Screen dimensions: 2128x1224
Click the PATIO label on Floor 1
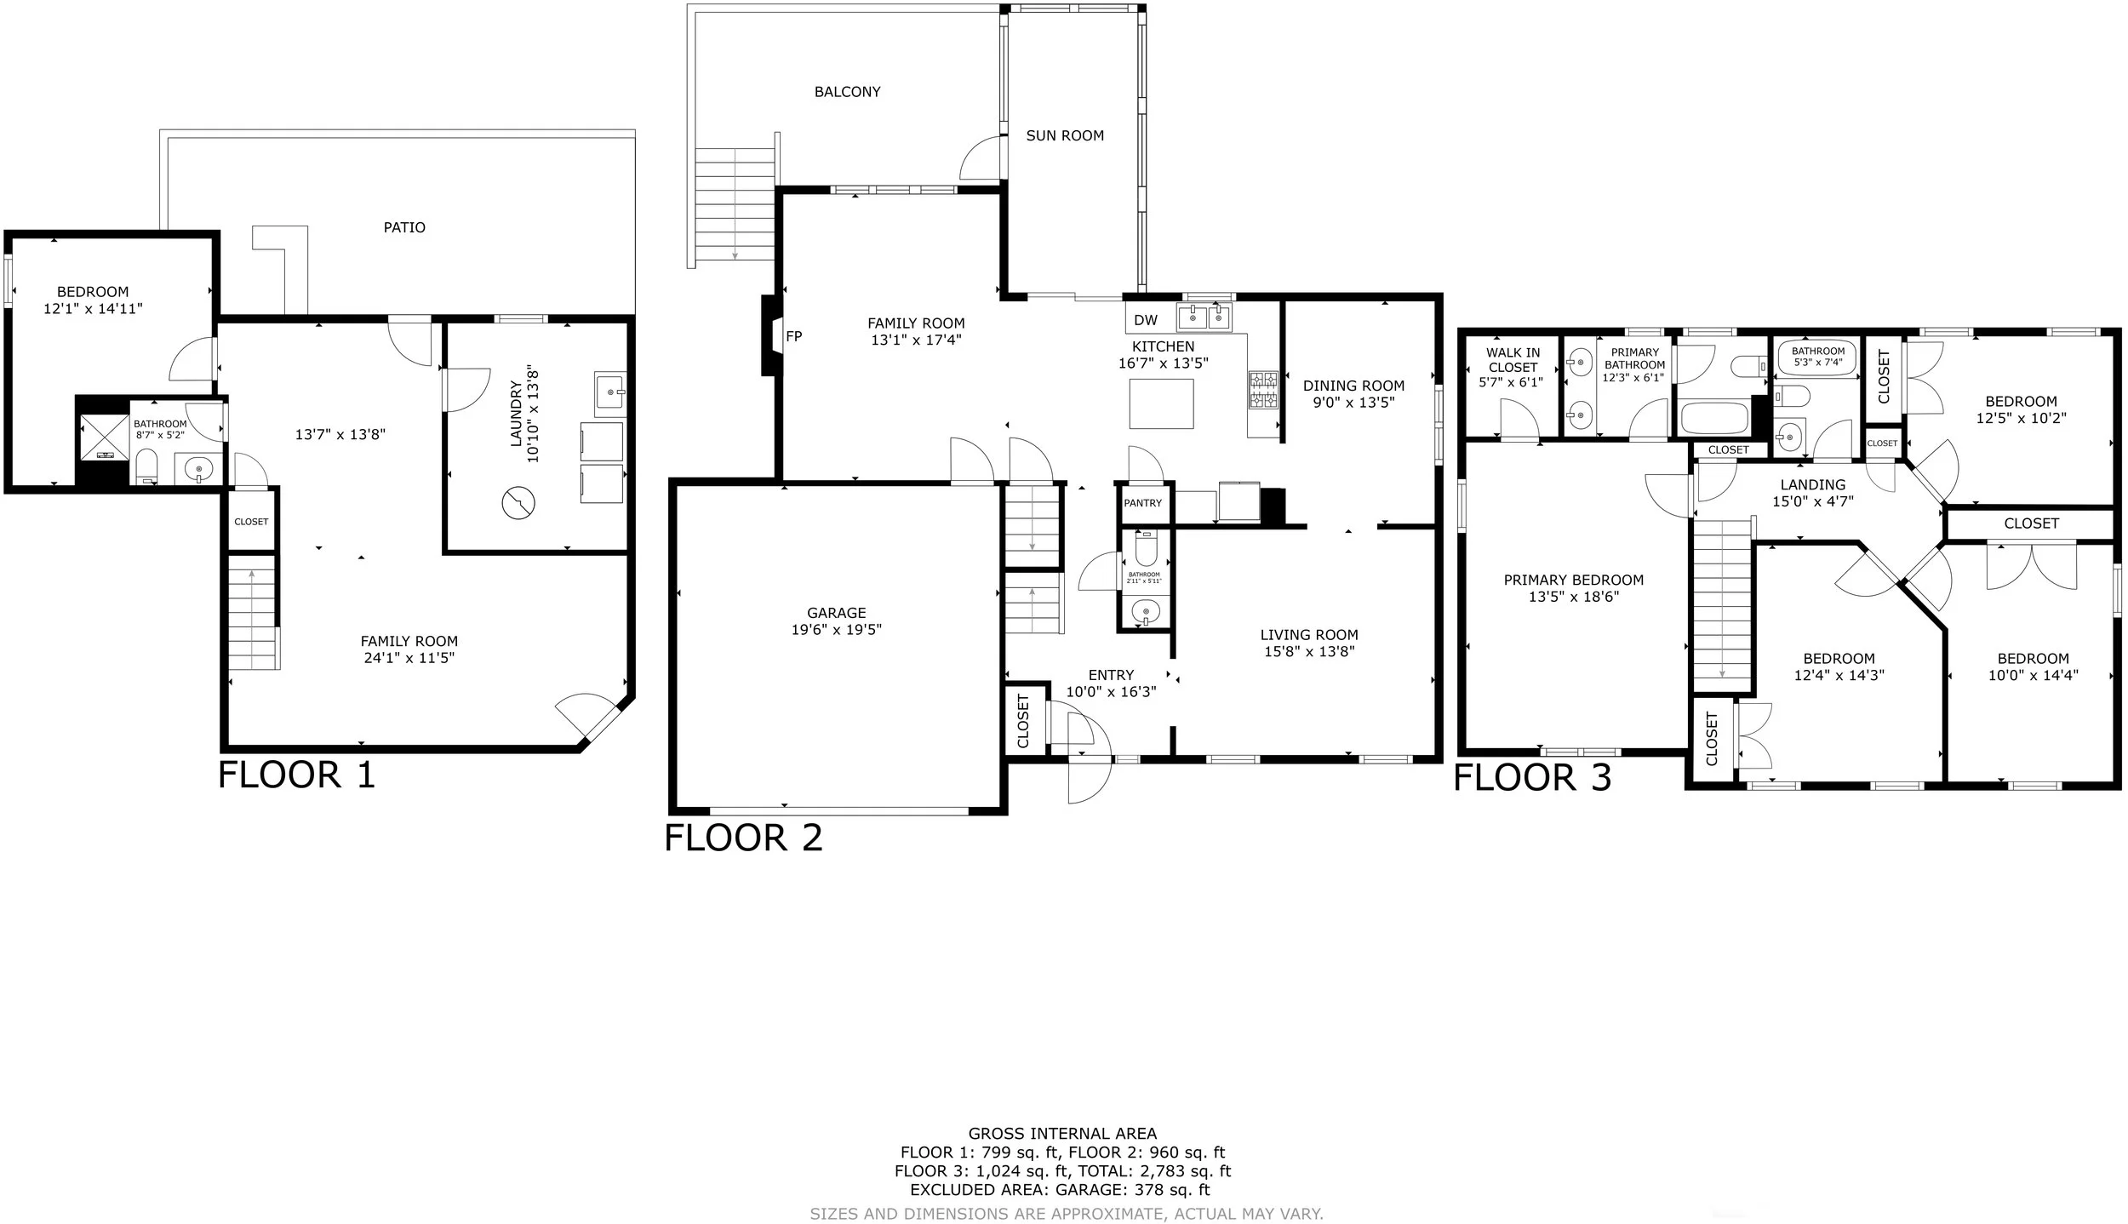coord(404,227)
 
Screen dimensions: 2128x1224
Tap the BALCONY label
coord(847,92)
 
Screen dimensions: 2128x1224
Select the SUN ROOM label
coord(1065,135)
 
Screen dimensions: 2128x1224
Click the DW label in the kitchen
coord(1146,320)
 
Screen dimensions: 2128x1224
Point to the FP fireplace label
coord(793,336)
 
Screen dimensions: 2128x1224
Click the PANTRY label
coord(1142,503)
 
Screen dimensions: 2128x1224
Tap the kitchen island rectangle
coord(1161,403)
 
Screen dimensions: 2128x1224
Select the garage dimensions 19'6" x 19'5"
coord(836,630)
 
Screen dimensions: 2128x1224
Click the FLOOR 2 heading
coord(743,838)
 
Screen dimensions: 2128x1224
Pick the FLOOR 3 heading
coord(1532,778)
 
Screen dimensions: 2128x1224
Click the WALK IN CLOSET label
coord(1513,360)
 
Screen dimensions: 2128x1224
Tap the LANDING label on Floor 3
coord(1813,484)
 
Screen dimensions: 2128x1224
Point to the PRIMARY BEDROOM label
coord(1574,580)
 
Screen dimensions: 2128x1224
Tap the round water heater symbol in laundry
coord(518,504)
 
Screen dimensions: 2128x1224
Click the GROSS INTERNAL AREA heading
coord(1062,1133)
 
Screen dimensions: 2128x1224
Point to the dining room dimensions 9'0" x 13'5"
coord(1353,403)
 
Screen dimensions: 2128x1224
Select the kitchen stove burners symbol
coord(1263,389)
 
